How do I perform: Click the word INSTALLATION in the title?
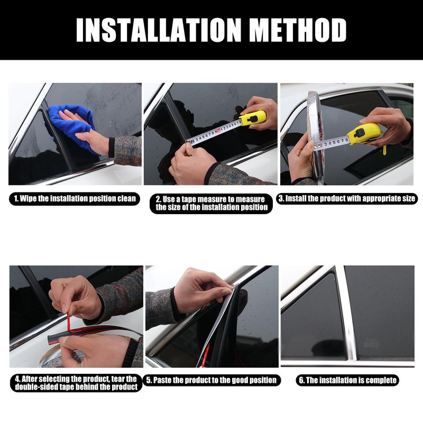click(x=158, y=30)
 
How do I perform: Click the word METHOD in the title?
click(x=298, y=30)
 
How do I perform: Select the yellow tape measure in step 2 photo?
click(x=253, y=118)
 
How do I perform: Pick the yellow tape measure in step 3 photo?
click(x=364, y=134)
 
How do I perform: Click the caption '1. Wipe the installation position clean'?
click(x=75, y=199)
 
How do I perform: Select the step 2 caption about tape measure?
click(x=211, y=204)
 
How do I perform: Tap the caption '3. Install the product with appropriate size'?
click(x=347, y=199)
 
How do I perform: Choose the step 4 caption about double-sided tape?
click(x=76, y=383)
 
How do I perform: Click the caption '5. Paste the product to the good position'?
click(x=212, y=380)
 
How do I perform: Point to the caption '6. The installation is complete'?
click(x=348, y=380)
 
